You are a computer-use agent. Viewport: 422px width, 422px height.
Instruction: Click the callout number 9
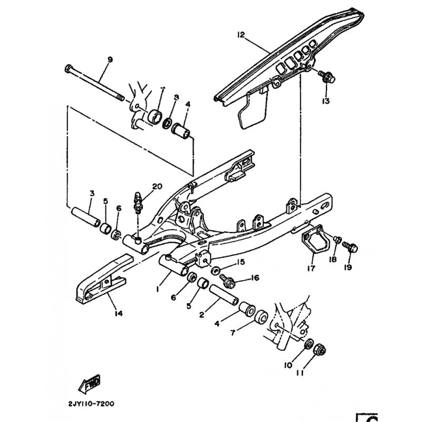coord(110,60)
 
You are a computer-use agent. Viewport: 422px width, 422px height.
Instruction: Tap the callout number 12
coord(241,35)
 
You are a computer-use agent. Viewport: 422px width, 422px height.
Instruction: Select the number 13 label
coord(327,100)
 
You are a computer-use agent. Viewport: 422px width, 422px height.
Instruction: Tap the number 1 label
coord(157,290)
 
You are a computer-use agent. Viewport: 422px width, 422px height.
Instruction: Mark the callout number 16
coord(256,277)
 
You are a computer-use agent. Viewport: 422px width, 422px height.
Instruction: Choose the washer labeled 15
coord(216,271)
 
